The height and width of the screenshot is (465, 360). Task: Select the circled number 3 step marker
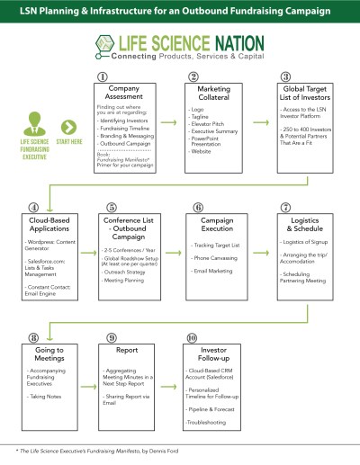pyautogui.click(x=286, y=76)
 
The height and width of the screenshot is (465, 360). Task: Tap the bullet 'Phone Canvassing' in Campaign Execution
pyautogui.click(x=214, y=257)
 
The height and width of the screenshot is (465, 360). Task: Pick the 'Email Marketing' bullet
pyautogui.click(x=213, y=272)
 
